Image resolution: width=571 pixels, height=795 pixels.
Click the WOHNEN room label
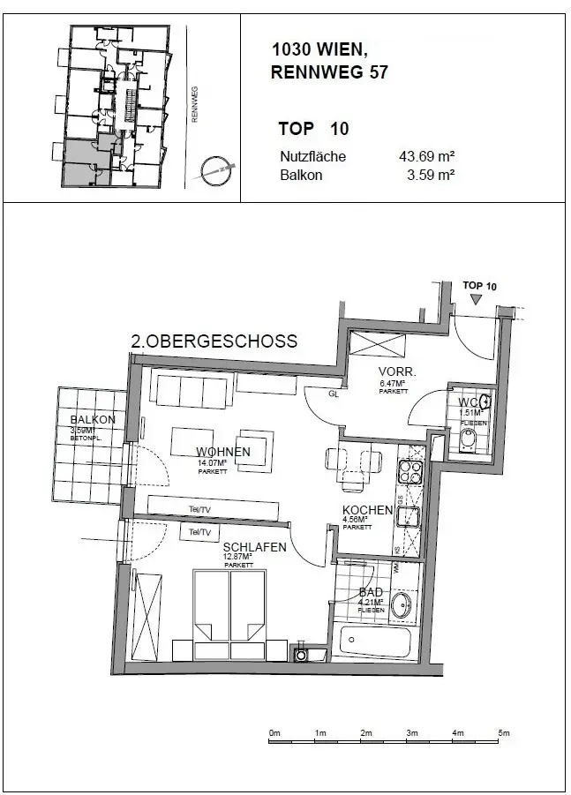coord(223,452)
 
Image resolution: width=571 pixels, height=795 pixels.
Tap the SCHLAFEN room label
coord(254,547)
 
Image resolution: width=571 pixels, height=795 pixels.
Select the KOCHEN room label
coord(367,511)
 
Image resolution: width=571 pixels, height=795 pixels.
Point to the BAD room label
coord(371,593)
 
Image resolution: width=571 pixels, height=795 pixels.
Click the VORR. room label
coord(392,371)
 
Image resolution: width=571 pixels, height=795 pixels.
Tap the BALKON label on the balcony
coord(93,420)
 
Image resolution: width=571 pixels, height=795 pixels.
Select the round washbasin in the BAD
coord(402,605)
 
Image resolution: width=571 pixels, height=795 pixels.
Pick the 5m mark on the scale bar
coord(503,733)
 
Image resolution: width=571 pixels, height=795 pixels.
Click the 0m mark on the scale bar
coord(274,733)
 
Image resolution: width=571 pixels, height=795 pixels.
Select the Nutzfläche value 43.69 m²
coord(426,157)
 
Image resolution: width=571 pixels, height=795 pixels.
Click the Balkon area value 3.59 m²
coord(430,175)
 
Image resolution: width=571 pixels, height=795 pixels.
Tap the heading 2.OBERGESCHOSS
coord(214,341)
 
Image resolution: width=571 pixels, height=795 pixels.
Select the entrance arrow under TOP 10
coord(477,300)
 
